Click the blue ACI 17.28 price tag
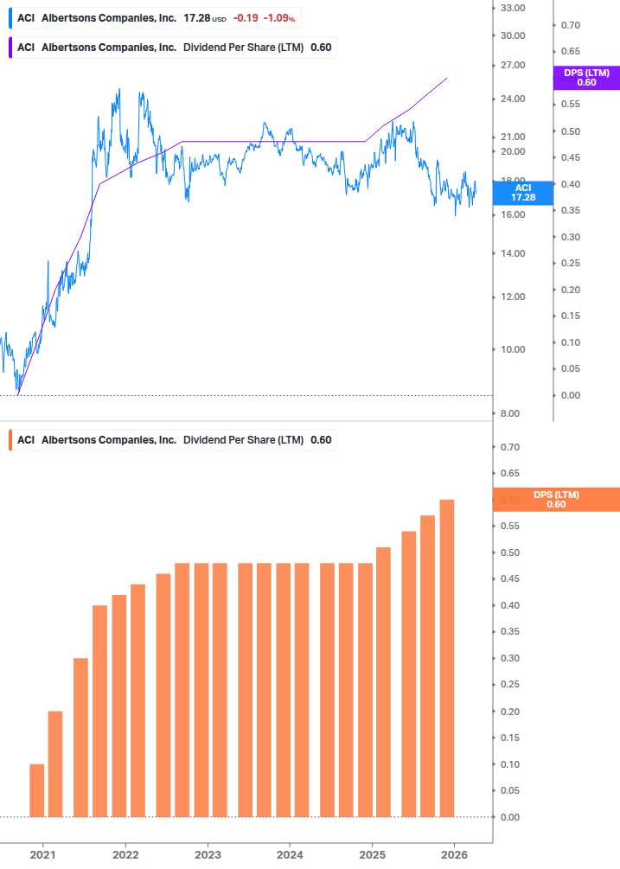pos(522,193)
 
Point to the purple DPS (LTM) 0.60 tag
pos(586,78)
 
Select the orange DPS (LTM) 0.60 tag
pos(556,500)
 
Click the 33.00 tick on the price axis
pos(513,8)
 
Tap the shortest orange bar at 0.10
pos(36,790)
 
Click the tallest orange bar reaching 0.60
pos(446,658)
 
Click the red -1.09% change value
pos(279,17)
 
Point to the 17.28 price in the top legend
pos(196,17)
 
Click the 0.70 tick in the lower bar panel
pos(509,447)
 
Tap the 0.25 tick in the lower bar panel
pos(509,685)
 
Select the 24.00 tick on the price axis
pos(513,99)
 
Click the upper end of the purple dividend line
pos(446,78)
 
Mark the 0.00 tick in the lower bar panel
pos(509,817)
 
